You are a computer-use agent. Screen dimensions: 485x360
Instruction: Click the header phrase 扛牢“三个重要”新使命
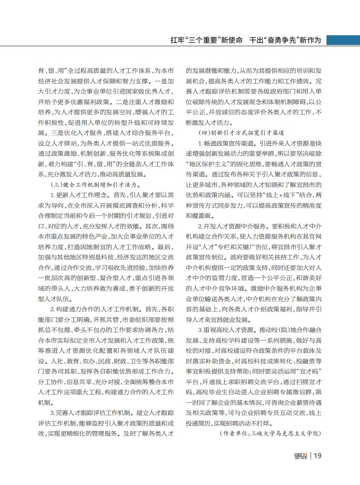click(x=206, y=40)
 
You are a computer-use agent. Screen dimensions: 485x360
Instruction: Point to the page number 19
click(x=318, y=456)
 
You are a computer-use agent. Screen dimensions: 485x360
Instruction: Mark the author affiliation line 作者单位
click(x=270, y=433)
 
